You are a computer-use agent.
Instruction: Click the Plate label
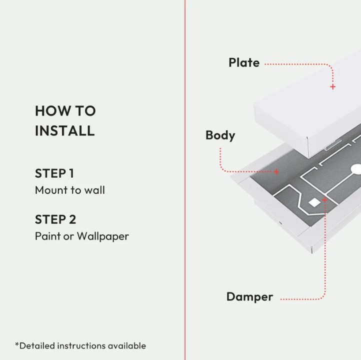(244, 62)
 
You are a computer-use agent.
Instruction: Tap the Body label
(220, 135)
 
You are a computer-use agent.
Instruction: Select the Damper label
(249, 296)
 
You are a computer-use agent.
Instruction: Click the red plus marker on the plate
(332, 86)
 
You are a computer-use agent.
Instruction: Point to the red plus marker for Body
(276, 171)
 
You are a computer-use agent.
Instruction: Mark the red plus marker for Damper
(324, 199)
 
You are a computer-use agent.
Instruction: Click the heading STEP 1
(54, 173)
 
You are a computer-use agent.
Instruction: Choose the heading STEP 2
(55, 219)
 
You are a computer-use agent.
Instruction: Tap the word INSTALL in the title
(64, 130)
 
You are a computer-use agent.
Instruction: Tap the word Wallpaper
(102, 236)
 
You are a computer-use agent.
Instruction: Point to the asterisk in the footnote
(17, 344)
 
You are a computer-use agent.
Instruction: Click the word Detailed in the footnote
(37, 345)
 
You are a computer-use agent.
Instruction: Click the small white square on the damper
(314, 202)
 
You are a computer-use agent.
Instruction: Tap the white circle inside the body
(356, 169)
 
